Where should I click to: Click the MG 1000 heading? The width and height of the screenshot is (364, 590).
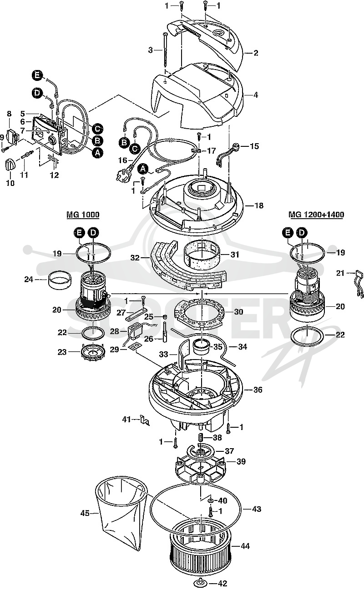[83, 215]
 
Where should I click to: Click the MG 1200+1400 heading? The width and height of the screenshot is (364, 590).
[316, 215]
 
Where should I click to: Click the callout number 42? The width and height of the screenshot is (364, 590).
[223, 583]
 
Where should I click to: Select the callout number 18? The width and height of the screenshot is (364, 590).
[258, 205]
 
